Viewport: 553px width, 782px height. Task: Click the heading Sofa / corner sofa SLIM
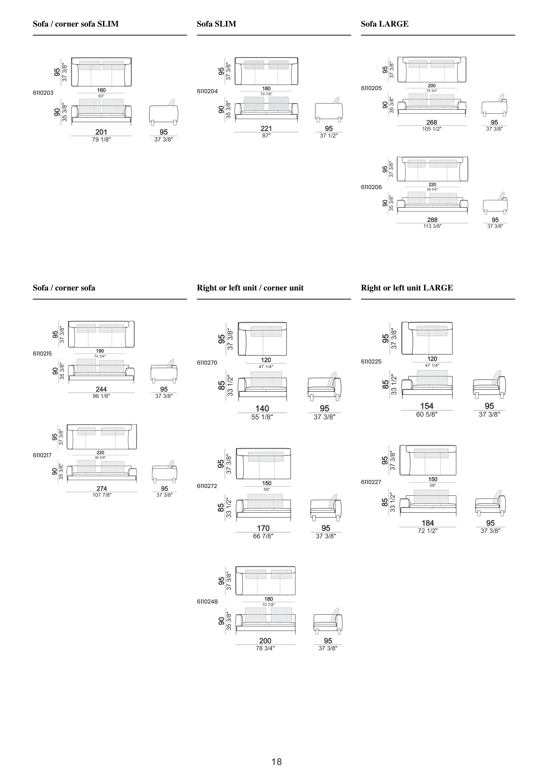pyautogui.click(x=76, y=24)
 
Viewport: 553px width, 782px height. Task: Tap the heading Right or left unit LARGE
pyautogui.click(x=407, y=288)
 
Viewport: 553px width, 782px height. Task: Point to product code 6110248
pyautogui.click(x=207, y=602)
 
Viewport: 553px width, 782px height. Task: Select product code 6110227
pyautogui.click(x=371, y=482)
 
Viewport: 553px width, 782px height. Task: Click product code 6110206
pyautogui.click(x=371, y=187)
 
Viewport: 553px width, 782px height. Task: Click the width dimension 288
pyautogui.click(x=432, y=220)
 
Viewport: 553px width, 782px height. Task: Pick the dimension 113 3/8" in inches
pyautogui.click(x=432, y=226)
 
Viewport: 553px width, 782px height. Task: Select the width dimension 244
pyautogui.click(x=101, y=389)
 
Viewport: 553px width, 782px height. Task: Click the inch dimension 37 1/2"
pyautogui.click(x=328, y=135)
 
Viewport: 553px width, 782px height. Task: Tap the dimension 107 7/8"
pyautogui.click(x=101, y=495)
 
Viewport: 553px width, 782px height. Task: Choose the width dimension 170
pyautogui.click(x=263, y=528)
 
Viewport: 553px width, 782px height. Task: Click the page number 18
pyautogui.click(x=276, y=762)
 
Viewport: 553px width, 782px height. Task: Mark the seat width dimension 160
pyautogui.click(x=101, y=90)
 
